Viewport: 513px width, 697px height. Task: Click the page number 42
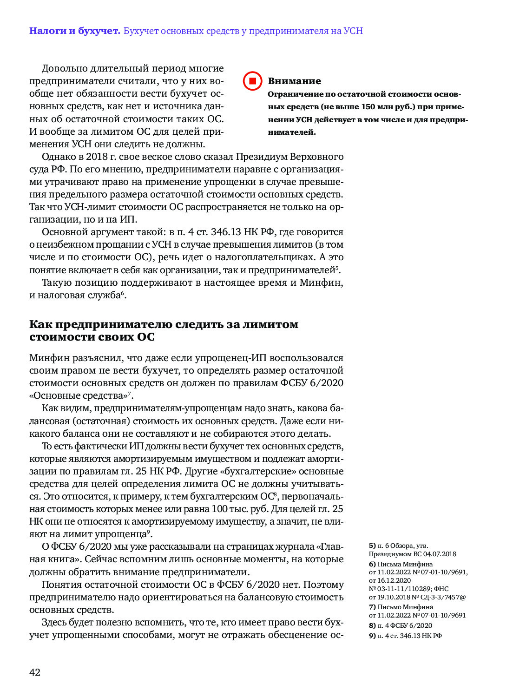(35, 672)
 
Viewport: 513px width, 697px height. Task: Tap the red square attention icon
(253, 81)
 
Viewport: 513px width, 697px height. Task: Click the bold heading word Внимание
(294, 81)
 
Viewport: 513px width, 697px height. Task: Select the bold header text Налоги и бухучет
(74, 31)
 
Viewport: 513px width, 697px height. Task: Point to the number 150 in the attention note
(368, 107)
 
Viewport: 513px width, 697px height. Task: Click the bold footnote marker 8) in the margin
(372, 625)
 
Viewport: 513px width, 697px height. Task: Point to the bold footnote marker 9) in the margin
(372, 636)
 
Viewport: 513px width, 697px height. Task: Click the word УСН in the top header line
(353, 31)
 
